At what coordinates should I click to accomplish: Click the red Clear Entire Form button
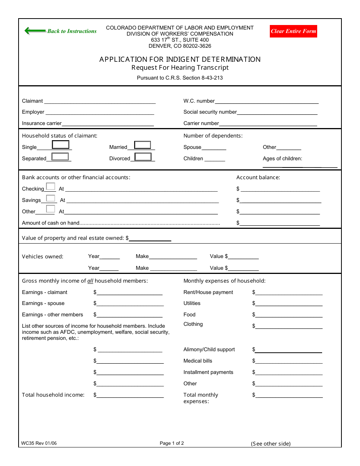(293, 31)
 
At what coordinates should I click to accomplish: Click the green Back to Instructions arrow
(35, 31)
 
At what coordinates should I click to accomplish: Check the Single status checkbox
(61, 145)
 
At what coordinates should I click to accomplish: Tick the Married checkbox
(142, 145)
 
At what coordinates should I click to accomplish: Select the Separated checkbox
(60, 156)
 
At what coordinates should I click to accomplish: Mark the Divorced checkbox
(143, 156)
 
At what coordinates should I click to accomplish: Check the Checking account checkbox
(50, 186)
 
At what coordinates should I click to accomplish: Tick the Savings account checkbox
(50, 198)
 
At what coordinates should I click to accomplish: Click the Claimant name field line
(100, 101)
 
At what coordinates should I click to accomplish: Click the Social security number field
(277, 112)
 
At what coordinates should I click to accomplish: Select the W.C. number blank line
(266, 101)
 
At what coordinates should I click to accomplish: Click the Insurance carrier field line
(108, 123)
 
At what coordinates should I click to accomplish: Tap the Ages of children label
(282, 159)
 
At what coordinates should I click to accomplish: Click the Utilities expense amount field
(289, 303)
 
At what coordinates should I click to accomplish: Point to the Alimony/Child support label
(209, 349)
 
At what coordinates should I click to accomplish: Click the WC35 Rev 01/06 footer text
(39, 443)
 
